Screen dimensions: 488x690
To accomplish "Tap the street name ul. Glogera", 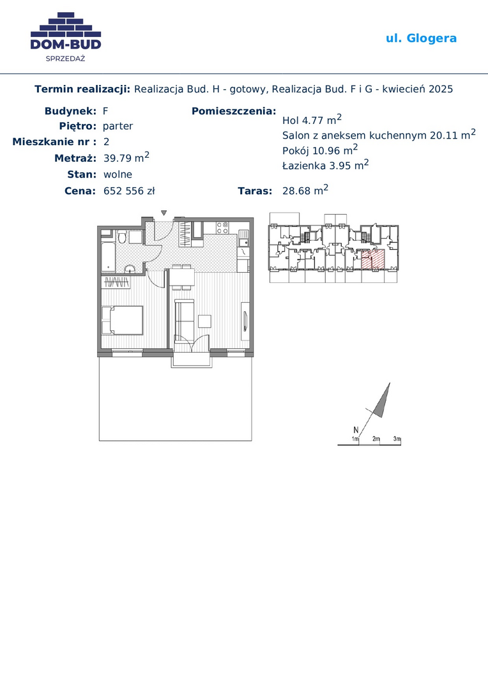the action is (421, 38).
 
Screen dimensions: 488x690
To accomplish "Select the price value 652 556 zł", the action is (129, 191).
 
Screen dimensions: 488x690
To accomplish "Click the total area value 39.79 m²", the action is (126, 157).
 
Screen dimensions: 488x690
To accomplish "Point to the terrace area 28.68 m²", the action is (305, 190).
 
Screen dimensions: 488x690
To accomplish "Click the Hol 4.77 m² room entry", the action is (312, 119).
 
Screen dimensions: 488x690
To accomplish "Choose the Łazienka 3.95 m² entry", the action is (326, 165).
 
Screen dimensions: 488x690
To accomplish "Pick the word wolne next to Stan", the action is (118, 174).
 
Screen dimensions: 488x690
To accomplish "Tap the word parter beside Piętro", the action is (118, 126).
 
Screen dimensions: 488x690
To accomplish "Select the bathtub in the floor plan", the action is (108, 256).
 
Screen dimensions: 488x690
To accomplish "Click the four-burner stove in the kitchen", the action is (222, 227).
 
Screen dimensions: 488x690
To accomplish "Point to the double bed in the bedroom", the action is (123, 320).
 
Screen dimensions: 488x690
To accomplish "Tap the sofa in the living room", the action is (185, 318).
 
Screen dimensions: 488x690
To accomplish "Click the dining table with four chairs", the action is (182, 278).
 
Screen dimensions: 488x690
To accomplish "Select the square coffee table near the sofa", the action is (204, 321).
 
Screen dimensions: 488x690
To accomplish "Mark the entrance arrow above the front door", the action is (164, 213).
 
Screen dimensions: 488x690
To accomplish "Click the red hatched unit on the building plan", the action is (373, 259).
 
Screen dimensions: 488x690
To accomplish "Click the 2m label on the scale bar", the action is (376, 439).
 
